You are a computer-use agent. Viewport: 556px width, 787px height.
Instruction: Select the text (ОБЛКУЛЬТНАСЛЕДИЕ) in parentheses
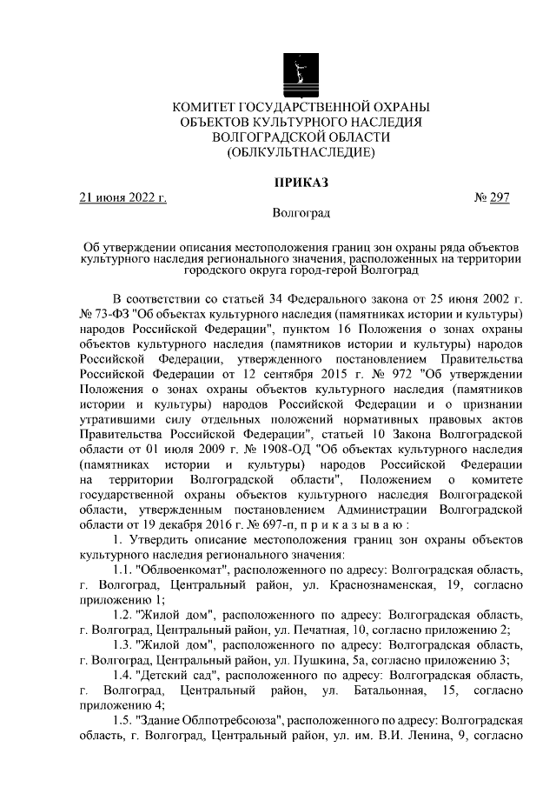tap(301, 153)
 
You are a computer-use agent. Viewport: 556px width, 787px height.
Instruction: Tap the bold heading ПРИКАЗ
tap(301, 183)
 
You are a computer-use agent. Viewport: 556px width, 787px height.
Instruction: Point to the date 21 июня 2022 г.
tap(122, 198)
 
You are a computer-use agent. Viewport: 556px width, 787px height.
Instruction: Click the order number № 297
tap(492, 198)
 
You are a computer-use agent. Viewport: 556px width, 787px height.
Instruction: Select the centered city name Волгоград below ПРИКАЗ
tap(301, 213)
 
